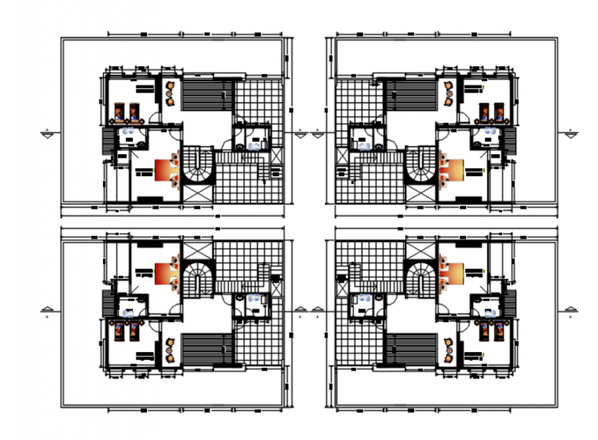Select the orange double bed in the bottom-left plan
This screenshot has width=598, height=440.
pyautogui.click(x=164, y=273)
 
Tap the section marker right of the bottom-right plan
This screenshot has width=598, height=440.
pyautogui.click(x=571, y=310)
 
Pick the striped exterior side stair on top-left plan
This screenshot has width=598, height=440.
pyautogui.click(x=107, y=140)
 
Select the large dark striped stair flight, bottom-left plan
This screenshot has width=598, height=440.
pyautogui.click(x=206, y=349)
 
